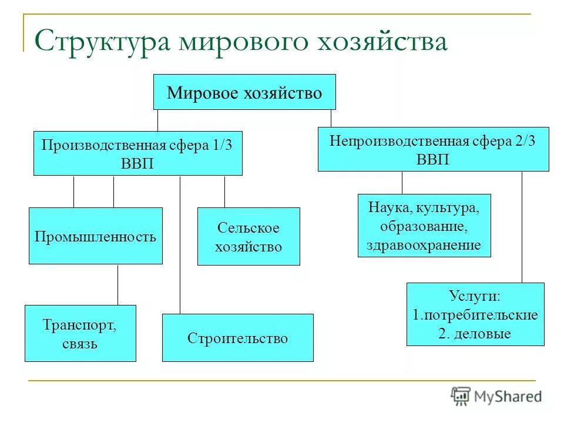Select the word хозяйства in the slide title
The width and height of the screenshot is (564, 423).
pos(382,43)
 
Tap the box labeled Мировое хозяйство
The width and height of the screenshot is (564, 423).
pos(244,92)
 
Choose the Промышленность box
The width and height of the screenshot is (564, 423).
pos(96,236)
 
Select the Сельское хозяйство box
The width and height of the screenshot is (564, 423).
pos(249,237)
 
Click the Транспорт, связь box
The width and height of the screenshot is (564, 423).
pos(80,333)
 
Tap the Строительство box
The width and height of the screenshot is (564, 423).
pos(238,338)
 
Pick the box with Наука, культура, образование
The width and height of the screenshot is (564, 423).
pos(424,226)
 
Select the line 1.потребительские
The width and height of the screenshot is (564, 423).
pos(475,315)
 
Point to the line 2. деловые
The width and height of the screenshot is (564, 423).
pos(475,334)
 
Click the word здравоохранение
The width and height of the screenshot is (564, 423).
pos(424,245)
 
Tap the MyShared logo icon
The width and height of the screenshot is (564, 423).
pos(461,396)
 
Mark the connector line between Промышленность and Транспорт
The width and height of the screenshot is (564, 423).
pos(118,285)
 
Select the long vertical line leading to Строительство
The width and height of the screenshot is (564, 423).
pos(180,247)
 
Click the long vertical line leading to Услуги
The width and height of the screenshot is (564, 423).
pos(522,229)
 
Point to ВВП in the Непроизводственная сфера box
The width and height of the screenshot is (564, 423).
pos(433,159)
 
